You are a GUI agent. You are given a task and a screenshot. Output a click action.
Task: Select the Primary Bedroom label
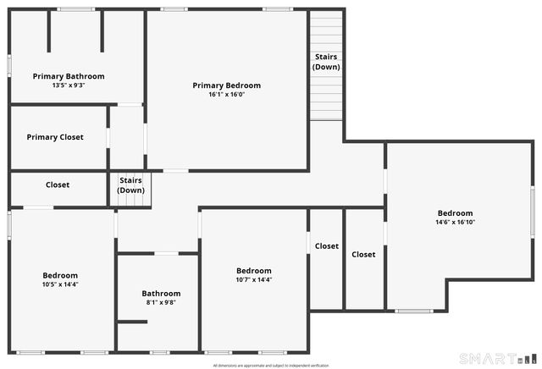coord(226,85)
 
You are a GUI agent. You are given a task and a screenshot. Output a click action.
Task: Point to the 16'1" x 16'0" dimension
coord(226,95)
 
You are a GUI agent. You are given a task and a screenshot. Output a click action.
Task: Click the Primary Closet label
coord(55,137)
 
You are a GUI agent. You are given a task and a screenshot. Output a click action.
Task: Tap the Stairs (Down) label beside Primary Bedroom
coord(326,61)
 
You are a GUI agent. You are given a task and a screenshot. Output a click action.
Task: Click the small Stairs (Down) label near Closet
coord(130,184)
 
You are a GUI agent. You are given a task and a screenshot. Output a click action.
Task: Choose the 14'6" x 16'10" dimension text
coord(455,223)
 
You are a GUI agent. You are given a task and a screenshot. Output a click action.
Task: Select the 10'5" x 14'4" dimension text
coord(60,284)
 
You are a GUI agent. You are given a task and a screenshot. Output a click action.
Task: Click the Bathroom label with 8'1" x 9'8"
coord(161,294)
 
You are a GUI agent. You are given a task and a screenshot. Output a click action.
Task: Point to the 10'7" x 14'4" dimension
coord(254,279)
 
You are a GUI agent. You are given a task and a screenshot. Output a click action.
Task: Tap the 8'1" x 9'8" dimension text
coord(161,302)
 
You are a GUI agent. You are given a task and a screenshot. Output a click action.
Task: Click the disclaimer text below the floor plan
coord(270,365)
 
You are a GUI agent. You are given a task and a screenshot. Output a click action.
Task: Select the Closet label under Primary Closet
coord(58,184)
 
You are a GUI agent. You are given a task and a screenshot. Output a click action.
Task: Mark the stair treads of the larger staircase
coord(326,97)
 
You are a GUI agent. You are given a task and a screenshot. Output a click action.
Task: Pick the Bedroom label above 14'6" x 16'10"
coord(455,213)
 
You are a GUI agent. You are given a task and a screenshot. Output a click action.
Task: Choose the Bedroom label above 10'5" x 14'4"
coord(60,275)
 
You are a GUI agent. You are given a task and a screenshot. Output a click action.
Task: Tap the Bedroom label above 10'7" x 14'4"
coord(254,271)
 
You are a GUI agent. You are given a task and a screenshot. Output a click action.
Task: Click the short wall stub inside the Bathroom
coord(132,321)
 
